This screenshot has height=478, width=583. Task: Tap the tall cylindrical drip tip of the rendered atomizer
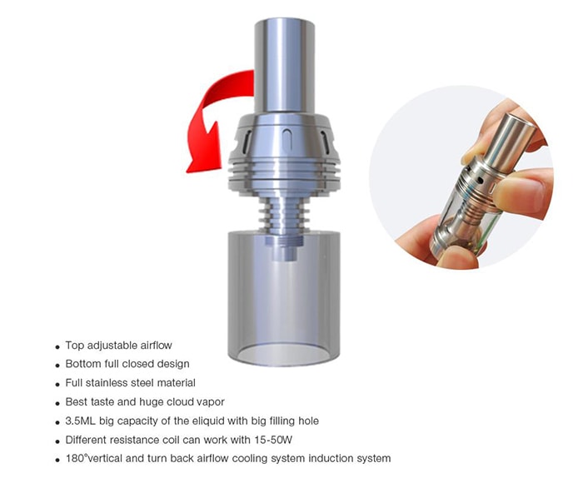pos(285,65)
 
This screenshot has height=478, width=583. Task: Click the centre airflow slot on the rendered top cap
pos(287,138)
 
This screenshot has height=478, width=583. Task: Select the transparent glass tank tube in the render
pos(284,297)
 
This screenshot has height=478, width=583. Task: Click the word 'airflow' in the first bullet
pos(157,346)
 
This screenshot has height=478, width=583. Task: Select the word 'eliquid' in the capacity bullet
pos(208,421)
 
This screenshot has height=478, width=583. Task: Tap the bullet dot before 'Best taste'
pos(57,404)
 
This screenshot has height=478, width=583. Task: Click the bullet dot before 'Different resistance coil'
pos(57,441)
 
